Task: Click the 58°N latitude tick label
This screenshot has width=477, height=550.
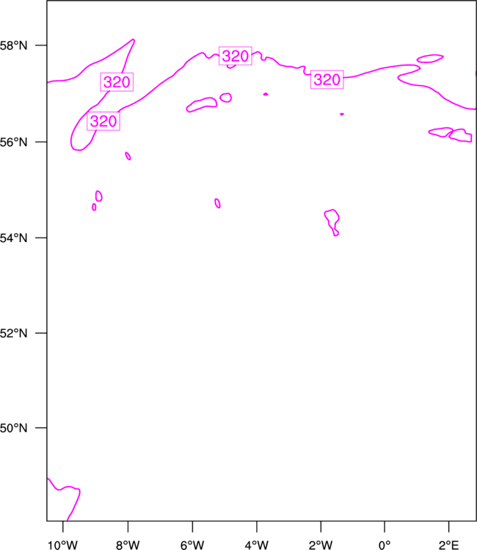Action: [x=13, y=45]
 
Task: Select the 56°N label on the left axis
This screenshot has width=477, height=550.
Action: [x=13, y=142]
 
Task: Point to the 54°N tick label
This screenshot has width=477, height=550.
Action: [x=13, y=238]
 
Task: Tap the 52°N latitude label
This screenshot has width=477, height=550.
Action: [x=13, y=333]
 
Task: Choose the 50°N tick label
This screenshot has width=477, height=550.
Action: [x=13, y=428]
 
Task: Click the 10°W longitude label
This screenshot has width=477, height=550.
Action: [x=63, y=545]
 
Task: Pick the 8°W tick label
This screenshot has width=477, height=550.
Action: [x=128, y=545]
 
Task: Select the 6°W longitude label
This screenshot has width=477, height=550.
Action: [x=192, y=545]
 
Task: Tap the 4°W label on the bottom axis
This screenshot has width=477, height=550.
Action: [x=257, y=545]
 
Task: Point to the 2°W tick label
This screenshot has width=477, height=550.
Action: [x=321, y=545]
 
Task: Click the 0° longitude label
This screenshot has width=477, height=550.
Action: [x=385, y=545]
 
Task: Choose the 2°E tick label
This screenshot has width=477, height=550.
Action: [x=448, y=545]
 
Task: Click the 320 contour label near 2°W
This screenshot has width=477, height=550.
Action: [x=327, y=80]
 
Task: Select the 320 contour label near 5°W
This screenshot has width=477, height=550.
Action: [x=236, y=56]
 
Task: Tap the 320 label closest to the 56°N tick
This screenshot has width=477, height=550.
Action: [x=103, y=121]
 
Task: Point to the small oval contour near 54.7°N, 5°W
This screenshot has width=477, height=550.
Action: [x=218, y=203]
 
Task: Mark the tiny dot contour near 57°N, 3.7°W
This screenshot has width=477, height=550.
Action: [x=266, y=94]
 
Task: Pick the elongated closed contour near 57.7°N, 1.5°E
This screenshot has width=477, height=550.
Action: [x=430, y=59]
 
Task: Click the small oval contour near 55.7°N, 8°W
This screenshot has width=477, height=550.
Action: [x=128, y=155]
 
